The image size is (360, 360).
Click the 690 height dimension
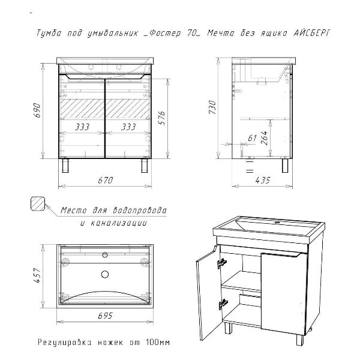[37, 110]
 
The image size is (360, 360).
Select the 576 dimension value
[162, 118]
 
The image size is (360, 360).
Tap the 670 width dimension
[106, 181]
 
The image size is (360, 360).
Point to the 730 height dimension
[212, 107]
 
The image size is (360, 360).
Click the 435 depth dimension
[263, 181]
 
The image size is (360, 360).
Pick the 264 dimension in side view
[264, 138]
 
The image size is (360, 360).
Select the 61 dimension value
[252, 138]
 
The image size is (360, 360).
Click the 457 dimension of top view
[37, 275]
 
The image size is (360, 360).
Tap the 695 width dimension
[106, 316]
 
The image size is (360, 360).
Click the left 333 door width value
[82, 127]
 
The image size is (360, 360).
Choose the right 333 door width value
[128, 127]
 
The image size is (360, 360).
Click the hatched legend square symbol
[38, 203]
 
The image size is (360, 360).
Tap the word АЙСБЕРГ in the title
[312, 33]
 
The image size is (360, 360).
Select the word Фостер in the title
[165, 33]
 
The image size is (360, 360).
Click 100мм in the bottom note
[158, 343]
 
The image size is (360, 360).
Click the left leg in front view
[66, 166]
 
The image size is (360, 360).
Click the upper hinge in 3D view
[222, 263]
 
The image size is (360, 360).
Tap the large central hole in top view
[105, 274]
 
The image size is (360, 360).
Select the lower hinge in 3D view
[223, 304]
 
